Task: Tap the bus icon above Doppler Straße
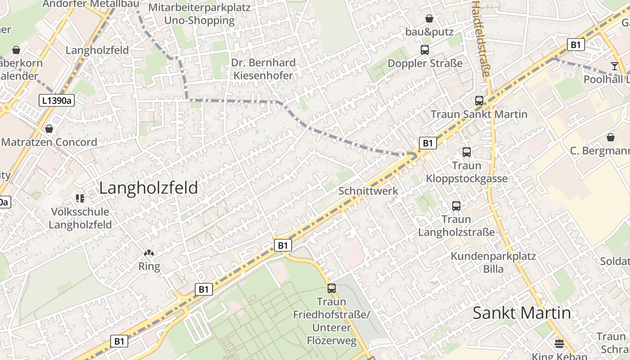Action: [425, 50]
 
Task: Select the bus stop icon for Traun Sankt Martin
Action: [479, 101]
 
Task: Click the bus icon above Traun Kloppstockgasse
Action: [467, 152]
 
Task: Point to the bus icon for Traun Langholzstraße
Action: [456, 206]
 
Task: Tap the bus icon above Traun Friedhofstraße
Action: [332, 288]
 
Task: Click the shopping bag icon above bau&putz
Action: [429, 18]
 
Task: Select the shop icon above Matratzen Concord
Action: [49, 129]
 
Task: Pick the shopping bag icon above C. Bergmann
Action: [611, 137]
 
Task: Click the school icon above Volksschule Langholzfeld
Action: [80, 198]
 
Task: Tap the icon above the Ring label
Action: [149, 254]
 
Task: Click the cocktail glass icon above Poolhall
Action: [614, 66]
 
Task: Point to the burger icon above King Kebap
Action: [559, 344]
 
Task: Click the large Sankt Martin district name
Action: [522, 313]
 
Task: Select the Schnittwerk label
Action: [368, 191]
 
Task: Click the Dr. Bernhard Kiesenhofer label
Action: [263, 69]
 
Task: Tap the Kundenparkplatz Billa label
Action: [494, 262]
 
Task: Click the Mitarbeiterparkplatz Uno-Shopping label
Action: [199, 14]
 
